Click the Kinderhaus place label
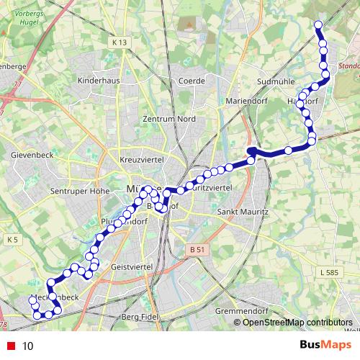coord(98,81)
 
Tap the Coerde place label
coord(192,81)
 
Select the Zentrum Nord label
coord(169,119)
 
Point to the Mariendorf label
coord(247,100)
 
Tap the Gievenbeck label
coord(30,155)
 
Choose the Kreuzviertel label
coord(143,158)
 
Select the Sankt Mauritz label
coord(243,213)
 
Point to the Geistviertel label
coord(131,266)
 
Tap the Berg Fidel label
coord(139,317)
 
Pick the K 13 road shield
coord(120,43)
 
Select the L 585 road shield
coord(328,274)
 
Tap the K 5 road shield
coord(12,239)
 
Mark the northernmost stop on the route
coord(318,26)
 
